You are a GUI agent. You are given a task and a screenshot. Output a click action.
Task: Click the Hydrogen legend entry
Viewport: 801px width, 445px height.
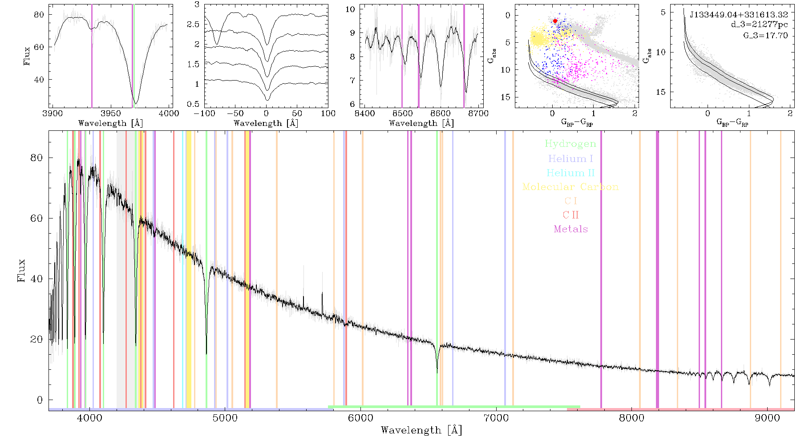tap(570, 144)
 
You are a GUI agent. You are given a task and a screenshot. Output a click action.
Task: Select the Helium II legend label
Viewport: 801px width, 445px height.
tap(570, 173)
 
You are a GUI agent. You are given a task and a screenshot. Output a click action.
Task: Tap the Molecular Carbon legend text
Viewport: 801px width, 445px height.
tap(570, 187)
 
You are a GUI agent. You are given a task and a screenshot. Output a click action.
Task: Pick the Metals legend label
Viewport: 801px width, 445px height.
tap(570, 229)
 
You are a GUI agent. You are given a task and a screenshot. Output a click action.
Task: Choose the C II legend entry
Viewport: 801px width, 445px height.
tap(570, 215)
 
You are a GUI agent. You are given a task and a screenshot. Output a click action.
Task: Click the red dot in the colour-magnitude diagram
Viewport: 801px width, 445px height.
tap(555, 21)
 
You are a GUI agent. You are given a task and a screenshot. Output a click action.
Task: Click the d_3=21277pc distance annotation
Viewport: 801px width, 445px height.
tap(759, 24)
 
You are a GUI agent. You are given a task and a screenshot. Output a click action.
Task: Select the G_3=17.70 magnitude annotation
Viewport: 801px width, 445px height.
tap(765, 35)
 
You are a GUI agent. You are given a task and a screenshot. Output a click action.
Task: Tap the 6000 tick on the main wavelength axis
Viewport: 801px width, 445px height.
tap(360, 418)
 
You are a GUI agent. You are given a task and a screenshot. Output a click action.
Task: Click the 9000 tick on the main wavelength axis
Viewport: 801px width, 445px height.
tap(767, 418)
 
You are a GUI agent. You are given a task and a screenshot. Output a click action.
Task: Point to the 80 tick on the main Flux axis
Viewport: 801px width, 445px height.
tap(36, 158)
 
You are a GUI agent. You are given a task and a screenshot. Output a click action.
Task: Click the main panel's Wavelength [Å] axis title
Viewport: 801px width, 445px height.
tap(421, 430)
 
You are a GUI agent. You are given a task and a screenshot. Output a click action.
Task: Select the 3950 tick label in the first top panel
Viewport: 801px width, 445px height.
tap(111, 113)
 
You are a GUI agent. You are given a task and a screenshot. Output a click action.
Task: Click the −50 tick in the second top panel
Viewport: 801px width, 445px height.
tap(237, 113)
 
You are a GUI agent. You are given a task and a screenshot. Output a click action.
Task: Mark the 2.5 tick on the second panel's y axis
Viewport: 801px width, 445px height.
tap(193, 24)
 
